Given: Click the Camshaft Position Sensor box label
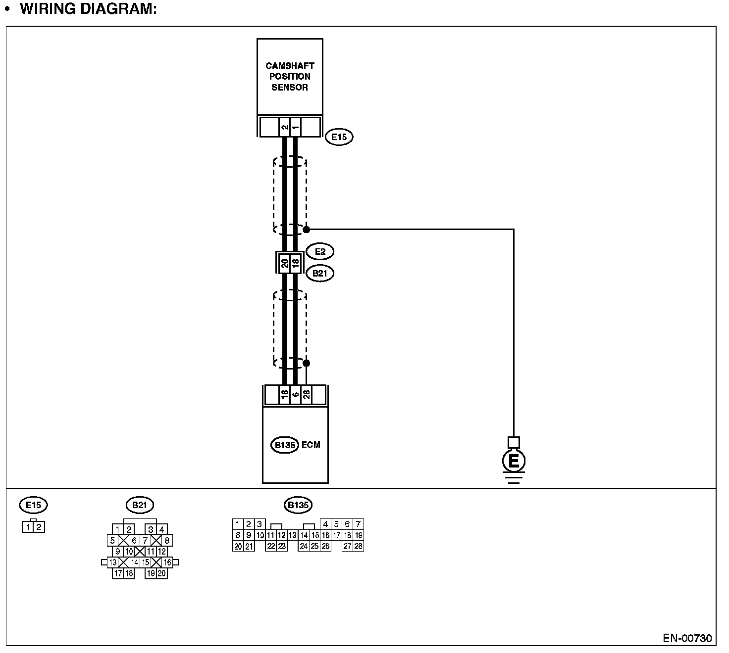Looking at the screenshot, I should tap(290, 77).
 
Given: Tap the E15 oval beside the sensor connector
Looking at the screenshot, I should tap(339, 137).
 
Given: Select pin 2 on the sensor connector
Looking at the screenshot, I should tap(284, 128).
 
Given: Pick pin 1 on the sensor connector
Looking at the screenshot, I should tap(295, 128).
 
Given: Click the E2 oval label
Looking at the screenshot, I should tap(320, 252).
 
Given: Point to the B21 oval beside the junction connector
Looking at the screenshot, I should tap(320, 273).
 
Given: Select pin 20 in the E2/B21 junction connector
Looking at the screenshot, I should tap(285, 263).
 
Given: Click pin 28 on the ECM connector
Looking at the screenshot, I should tap(307, 395).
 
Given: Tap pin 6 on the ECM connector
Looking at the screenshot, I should tap(296, 395).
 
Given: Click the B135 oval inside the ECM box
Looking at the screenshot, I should tap(285, 445).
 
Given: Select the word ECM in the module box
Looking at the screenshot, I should tap(311, 445).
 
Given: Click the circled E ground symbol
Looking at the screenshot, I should tap(514, 462).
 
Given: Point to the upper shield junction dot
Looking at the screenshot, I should tap(307, 230).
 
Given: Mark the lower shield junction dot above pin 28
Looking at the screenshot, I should tap(307, 363).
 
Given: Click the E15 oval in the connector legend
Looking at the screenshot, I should tap(34, 505).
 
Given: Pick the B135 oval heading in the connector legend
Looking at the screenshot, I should tap(298, 505).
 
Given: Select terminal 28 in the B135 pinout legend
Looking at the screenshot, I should tap(359, 547).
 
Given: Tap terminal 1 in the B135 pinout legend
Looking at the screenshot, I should tap(238, 524).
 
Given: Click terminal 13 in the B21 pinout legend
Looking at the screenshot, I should tap(113, 562).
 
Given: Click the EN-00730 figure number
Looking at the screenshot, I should tap(687, 638).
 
